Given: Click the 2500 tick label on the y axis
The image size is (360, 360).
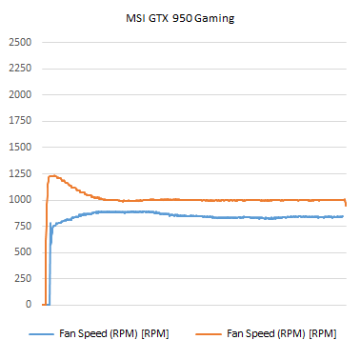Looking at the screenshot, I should [19, 43].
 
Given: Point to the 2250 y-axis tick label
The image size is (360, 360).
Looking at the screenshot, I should [19, 69].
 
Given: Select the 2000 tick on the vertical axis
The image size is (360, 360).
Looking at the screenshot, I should [19, 95].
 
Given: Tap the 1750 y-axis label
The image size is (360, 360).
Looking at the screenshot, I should [19, 121].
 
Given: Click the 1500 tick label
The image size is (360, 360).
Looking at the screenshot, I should [19, 148].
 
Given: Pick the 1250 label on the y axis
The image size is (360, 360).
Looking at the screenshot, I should [19, 173].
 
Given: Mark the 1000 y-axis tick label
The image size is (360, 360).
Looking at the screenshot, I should [19, 200].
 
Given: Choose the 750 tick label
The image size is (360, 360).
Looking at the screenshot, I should [23, 226].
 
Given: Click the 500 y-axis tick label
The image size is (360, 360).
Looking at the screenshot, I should [23, 252].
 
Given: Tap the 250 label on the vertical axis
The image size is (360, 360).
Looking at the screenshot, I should [23, 278].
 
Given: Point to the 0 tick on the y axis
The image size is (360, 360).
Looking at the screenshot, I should [29, 305].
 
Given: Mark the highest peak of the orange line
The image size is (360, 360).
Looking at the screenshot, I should [51, 175].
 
